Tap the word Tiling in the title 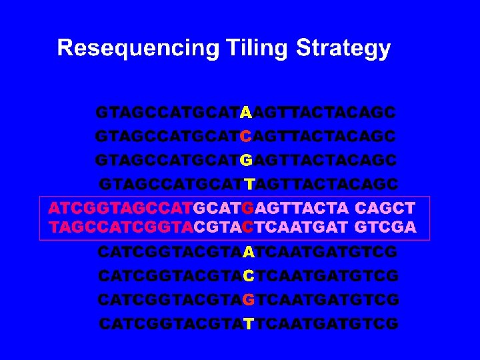pyautogui.click(x=242, y=49)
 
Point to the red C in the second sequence pyautogui.click(x=246, y=136)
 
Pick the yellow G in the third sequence pyautogui.click(x=246, y=161)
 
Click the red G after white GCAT pyautogui.click(x=249, y=208)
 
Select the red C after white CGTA pyautogui.click(x=248, y=227)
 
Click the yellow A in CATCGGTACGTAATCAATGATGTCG pyautogui.click(x=248, y=253)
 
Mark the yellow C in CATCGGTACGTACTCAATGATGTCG pyautogui.click(x=248, y=276)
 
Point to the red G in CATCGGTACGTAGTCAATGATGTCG pyautogui.click(x=248, y=300)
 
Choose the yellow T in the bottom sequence pyautogui.click(x=249, y=325)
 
